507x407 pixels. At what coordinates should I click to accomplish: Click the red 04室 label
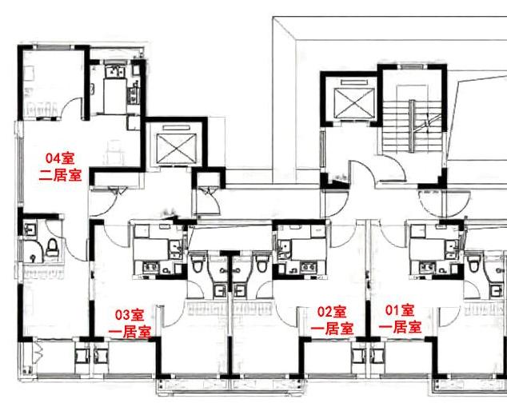[60, 159]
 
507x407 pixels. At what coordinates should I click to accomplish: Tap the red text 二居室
[60, 176]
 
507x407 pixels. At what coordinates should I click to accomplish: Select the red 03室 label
[130, 315]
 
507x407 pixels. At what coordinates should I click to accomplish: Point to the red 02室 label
[332, 312]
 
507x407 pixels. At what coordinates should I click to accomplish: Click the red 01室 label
[400, 310]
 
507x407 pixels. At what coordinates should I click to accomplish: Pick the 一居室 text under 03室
[130, 332]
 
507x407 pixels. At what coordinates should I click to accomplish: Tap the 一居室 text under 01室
[400, 327]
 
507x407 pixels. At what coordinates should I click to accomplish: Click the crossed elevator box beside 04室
[176, 147]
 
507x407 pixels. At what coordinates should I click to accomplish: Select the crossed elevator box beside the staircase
[354, 102]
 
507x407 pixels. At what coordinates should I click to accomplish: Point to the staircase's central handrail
[411, 126]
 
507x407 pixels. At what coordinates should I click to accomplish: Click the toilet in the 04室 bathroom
[52, 248]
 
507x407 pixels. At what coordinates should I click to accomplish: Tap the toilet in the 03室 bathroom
[197, 263]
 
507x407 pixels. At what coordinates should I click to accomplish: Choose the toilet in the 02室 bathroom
[261, 263]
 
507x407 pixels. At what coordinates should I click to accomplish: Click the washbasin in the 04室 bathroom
[30, 229]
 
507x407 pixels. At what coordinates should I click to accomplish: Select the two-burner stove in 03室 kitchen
[152, 268]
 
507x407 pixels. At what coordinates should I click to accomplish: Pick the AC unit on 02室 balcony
[358, 357]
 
